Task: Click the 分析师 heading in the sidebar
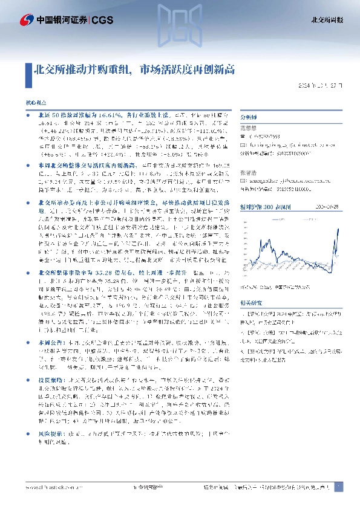(x=249, y=119)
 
